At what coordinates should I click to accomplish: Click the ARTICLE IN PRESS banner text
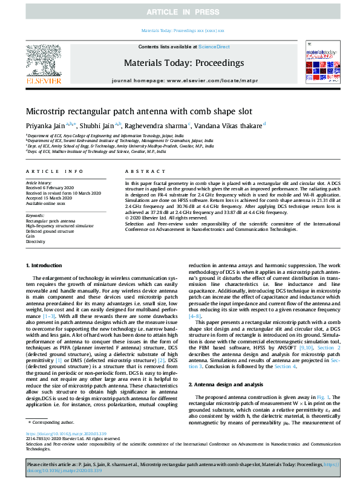point(180,12)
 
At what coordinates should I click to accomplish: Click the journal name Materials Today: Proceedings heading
point(183,63)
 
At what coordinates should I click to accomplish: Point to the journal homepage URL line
point(183,80)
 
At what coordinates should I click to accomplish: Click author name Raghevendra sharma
point(160,125)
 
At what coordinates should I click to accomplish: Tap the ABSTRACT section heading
point(139,172)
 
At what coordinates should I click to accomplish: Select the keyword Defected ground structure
point(50,232)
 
